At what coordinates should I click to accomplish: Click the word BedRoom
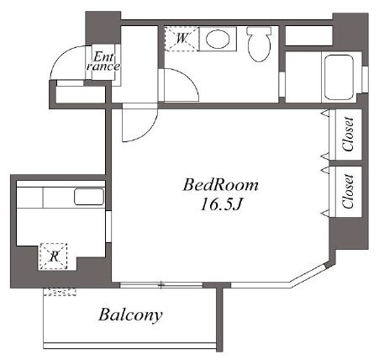point(221,185)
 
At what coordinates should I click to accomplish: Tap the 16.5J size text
point(221,204)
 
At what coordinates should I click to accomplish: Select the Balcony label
point(130,315)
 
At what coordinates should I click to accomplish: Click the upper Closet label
point(348,135)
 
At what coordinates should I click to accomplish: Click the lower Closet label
point(348,191)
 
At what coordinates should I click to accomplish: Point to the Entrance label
point(103,62)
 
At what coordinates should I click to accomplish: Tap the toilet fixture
point(260,44)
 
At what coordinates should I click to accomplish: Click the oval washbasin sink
point(218,39)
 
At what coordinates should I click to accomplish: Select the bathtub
point(339,77)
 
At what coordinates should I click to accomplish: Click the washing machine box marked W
point(182,39)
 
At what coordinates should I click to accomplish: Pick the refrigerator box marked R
point(54,257)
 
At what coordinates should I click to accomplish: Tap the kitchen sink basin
point(89,197)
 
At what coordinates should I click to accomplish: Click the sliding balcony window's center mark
point(161,285)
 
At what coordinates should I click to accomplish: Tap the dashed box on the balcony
point(60,292)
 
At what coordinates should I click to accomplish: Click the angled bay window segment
point(308,274)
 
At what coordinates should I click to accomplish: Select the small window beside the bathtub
point(365,79)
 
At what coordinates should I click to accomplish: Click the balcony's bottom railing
point(130,346)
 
